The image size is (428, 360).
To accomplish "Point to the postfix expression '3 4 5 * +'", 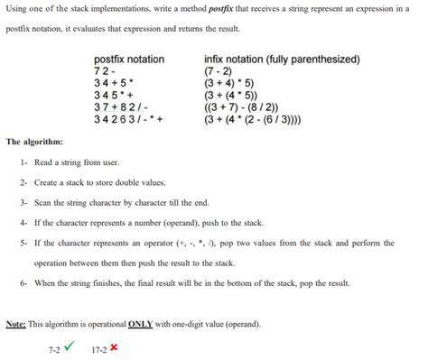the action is [x=115, y=95].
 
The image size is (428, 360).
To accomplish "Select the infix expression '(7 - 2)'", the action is [x=220, y=71].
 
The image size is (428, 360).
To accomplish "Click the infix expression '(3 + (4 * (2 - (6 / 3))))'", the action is [x=265, y=118].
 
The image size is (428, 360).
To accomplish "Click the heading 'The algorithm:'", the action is [x=34, y=142].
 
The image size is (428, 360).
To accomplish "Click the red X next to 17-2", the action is [x=114, y=346].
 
